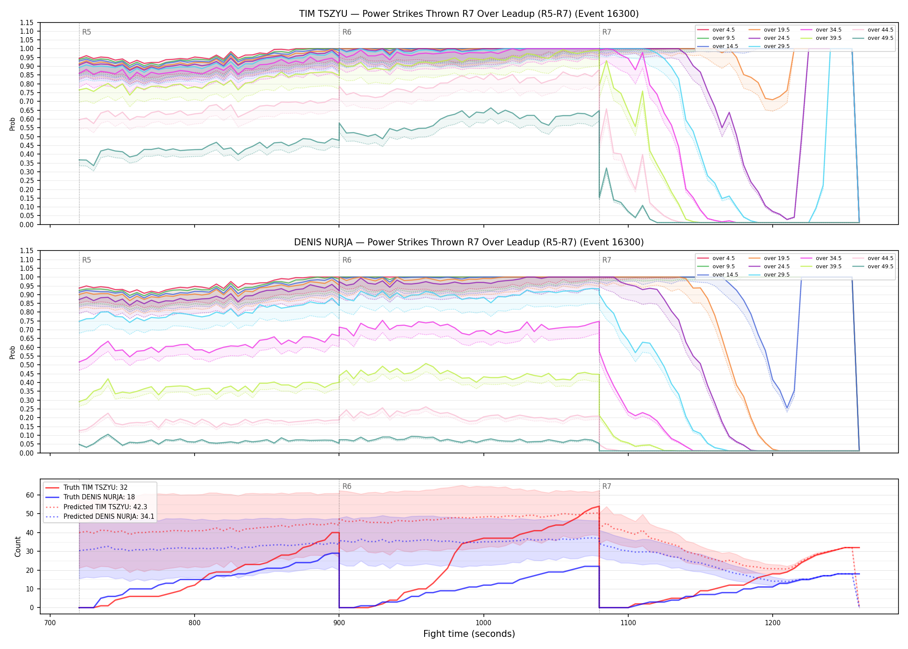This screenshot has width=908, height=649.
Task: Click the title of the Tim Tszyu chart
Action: click(x=469, y=14)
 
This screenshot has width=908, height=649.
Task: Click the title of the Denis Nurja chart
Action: click(x=469, y=242)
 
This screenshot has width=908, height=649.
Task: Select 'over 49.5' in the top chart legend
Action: click(x=880, y=38)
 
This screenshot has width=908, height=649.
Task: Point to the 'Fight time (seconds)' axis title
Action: click(x=469, y=634)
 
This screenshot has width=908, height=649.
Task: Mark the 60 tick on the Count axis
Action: click(x=30, y=495)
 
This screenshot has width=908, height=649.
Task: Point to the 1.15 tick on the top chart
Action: click(x=27, y=22)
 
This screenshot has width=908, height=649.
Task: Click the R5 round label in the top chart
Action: click(x=86, y=32)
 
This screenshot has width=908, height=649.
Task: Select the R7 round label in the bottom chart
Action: click(x=607, y=486)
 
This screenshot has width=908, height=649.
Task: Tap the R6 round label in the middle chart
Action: click(x=347, y=260)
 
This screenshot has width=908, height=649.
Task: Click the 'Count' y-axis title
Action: click(x=18, y=546)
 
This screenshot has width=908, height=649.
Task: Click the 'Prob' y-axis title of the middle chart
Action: click(x=13, y=352)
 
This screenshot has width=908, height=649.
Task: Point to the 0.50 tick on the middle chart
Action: click(x=27, y=365)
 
